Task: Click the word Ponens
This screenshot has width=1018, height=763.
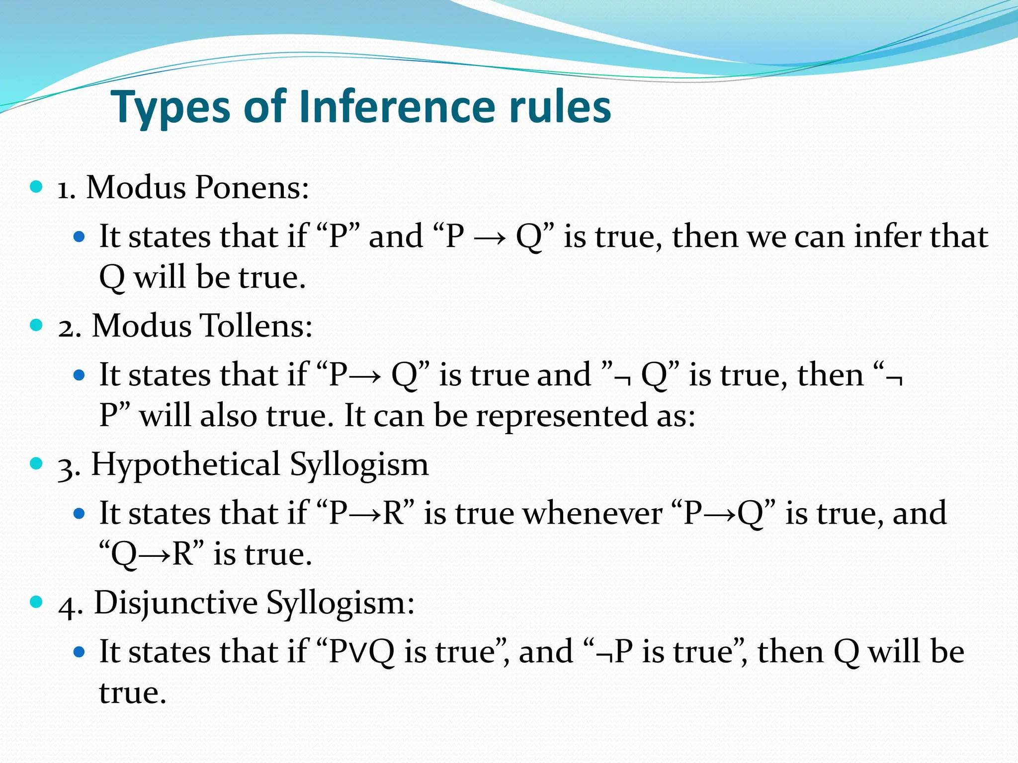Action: [252, 188]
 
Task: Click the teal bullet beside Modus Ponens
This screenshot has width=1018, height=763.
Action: [36, 187]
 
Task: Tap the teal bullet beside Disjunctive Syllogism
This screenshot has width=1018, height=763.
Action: [36, 602]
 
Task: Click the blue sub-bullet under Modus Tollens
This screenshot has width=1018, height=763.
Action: [79, 375]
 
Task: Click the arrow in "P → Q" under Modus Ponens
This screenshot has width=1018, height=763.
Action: [490, 237]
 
